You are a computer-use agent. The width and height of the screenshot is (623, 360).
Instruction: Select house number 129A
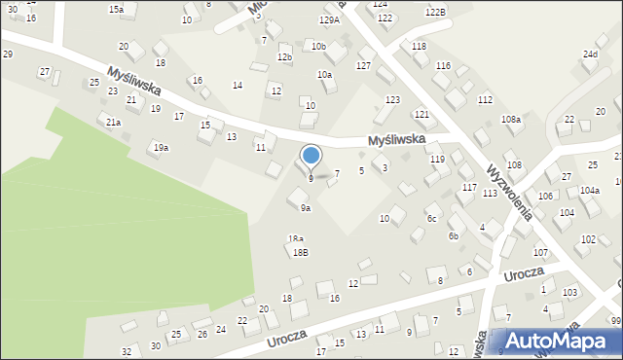click(x=330, y=19)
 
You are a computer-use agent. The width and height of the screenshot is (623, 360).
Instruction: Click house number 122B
click(x=435, y=11)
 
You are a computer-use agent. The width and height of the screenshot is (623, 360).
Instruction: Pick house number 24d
click(x=590, y=54)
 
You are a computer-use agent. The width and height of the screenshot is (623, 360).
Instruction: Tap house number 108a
click(x=511, y=119)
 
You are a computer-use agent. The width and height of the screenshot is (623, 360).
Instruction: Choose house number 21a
click(x=114, y=123)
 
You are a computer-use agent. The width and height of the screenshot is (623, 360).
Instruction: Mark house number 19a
click(x=161, y=147)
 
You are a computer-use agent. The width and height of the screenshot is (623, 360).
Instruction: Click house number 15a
click(x=116, y=9)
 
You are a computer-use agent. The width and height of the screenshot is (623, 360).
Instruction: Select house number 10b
click(x=318, y=46)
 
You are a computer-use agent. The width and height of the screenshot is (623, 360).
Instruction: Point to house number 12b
click(x=284, y=57)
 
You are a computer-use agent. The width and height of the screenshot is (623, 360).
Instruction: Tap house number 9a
click(x=306, y=208)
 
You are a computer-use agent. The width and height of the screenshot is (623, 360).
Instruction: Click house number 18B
click(x=301, y=252)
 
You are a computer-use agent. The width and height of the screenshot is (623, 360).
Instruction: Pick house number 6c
click(x=430, y=218)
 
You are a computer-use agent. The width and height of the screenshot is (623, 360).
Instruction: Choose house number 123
click(x=392, y=100)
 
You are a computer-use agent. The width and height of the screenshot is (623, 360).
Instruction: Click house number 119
click(x=437, y=159)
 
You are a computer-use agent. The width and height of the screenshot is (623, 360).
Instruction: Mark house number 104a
click(x=590, y=191)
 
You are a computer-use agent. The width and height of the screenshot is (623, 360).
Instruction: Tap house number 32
click(x=127, y=350)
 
